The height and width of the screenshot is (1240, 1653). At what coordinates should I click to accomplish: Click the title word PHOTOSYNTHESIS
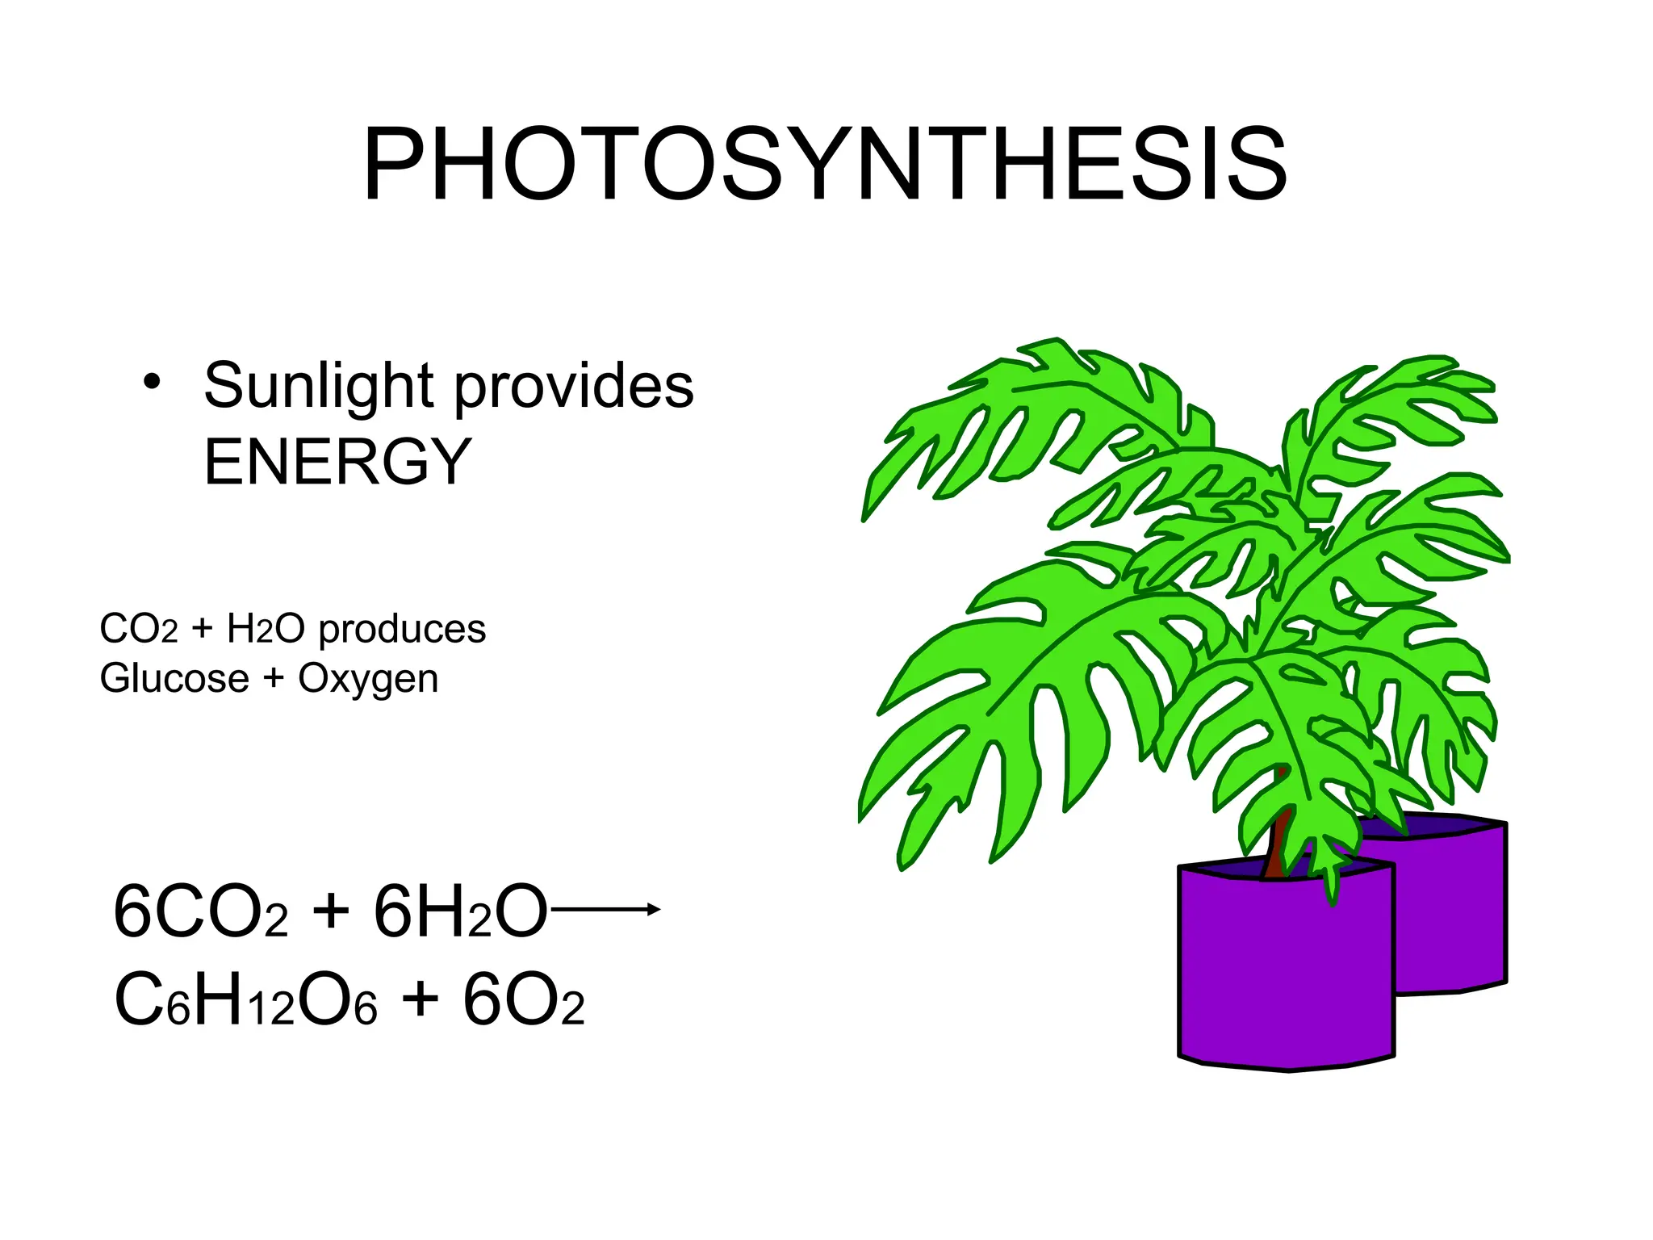tap(825, 165)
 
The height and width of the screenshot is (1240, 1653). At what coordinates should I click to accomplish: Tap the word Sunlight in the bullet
tap(319, 386)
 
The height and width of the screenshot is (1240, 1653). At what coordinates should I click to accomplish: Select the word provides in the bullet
tap(574, 386)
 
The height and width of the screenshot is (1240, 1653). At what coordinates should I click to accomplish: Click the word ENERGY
tap(337, 462)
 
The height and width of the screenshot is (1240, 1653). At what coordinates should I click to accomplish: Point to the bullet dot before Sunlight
tap(151, 382)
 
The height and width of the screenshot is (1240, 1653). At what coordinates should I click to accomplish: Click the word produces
tap(402, 630)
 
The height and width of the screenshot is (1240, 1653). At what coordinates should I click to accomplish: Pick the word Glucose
tap(174, 679)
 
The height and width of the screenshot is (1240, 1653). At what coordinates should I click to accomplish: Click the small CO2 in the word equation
tap(138, 629)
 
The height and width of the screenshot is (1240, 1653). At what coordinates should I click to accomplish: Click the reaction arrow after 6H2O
tap(605, 910)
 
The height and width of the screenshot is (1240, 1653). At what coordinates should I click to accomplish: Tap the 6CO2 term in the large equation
tap(200, 912)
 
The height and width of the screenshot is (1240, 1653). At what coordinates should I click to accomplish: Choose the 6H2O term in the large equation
tap(460, 912)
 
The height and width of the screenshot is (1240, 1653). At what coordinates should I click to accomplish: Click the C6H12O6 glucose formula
tap(245, 1001)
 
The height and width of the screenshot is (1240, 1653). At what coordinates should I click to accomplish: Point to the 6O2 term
tap(523, 1001)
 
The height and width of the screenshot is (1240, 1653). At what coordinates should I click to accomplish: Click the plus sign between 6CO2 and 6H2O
tap(331, 912)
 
